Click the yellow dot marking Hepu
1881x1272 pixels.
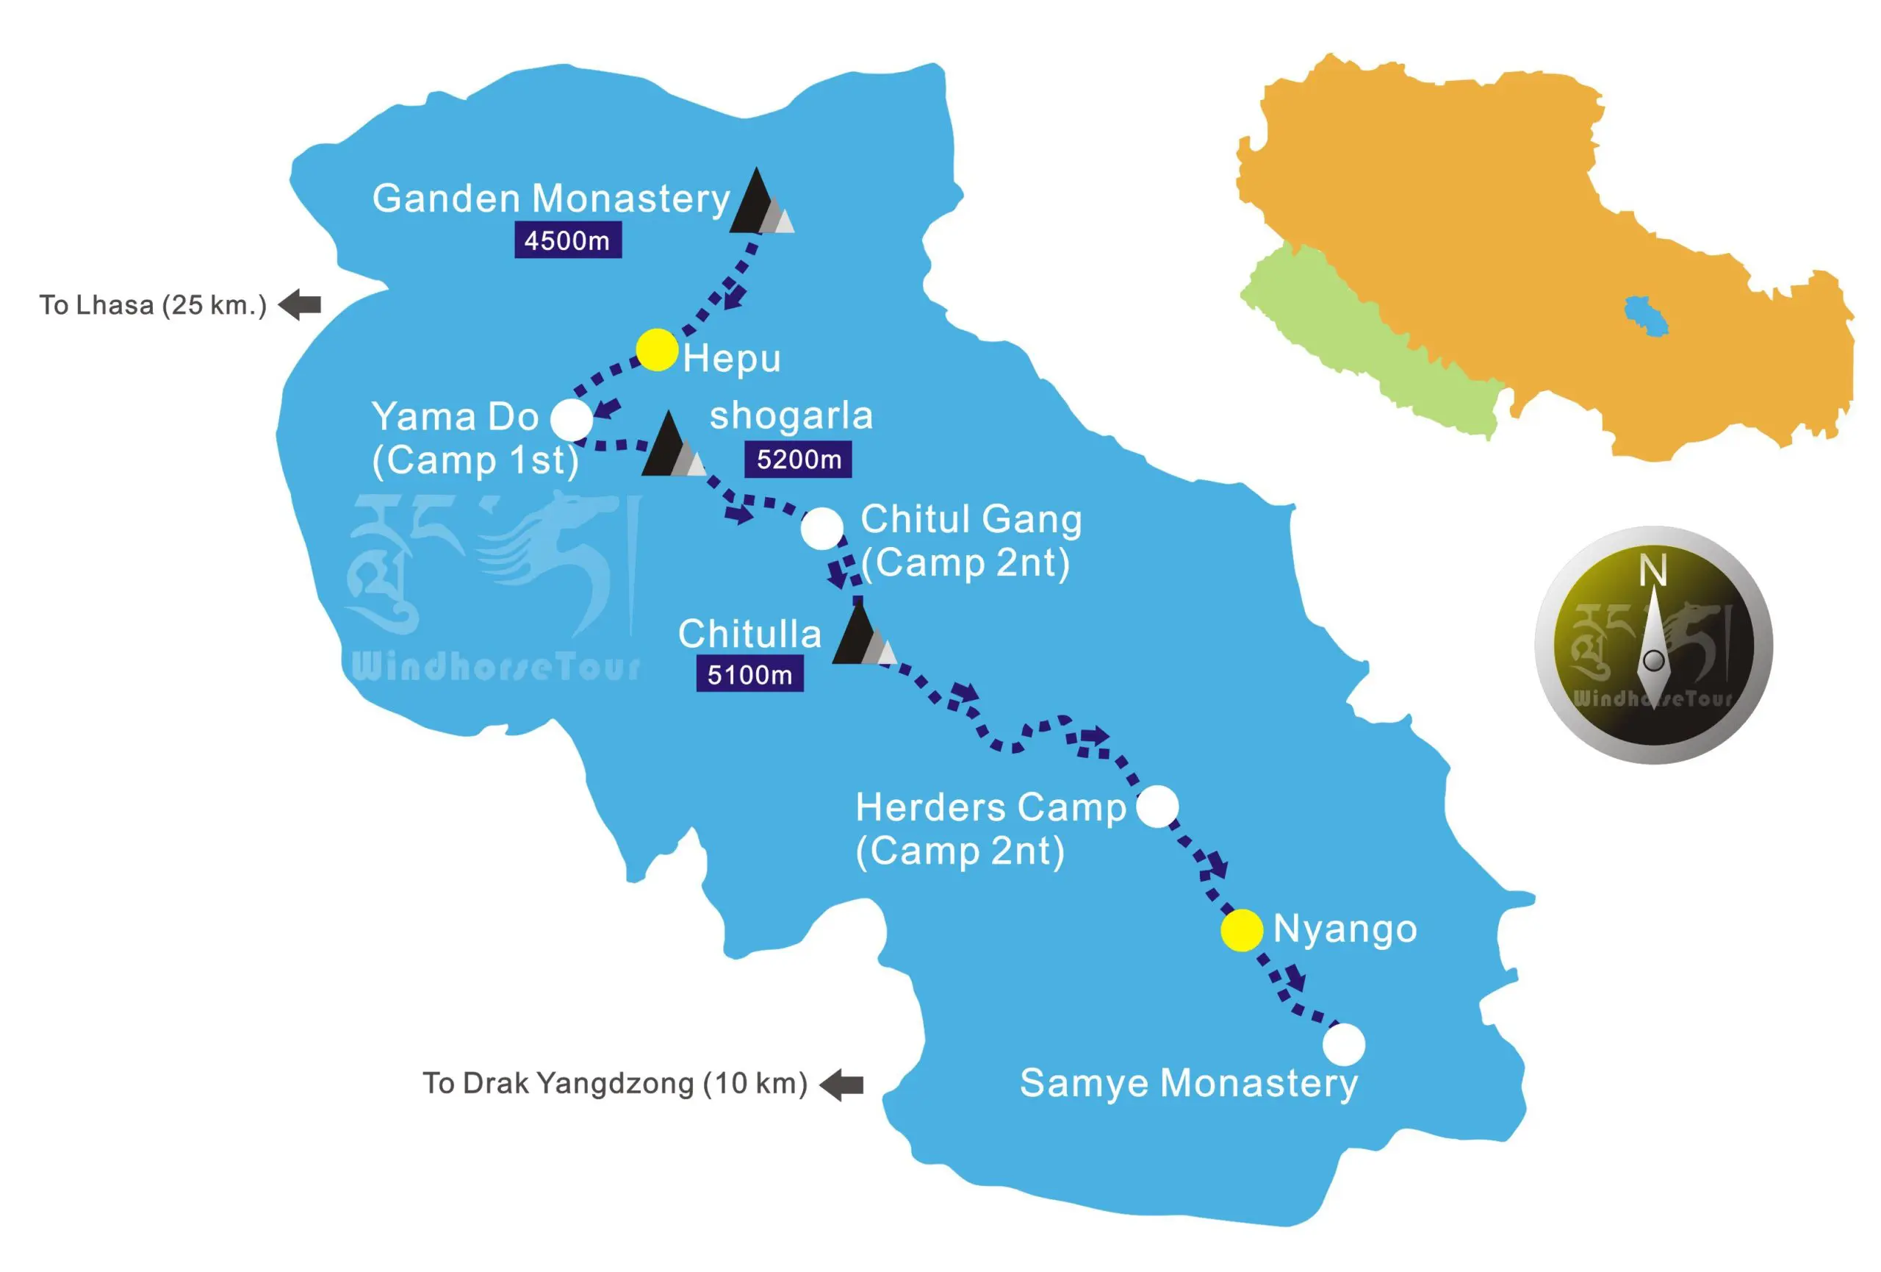click(x=656, y=350)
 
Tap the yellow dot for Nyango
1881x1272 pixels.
click(x=1242, y=929)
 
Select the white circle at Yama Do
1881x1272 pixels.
click(x=572, y=419)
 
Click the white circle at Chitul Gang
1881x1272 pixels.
click(x=821, y=528)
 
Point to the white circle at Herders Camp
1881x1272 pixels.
click(x=1157, y=807)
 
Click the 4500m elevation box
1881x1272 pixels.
click(x=567, y=240)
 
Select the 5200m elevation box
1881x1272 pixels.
click(x=798, y=459)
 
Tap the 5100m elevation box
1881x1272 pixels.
click(x=749, y=674)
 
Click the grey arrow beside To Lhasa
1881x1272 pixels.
click(x=301, y=304)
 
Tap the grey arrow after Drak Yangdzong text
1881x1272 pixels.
click(x=842, y=1085)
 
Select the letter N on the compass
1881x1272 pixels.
click(x=1652, y=570)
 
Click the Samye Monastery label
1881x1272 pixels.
click(x=1188, y=1083)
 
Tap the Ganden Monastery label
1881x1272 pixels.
click(x=551, y=199)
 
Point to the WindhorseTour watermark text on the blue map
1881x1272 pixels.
click(x=496, y=667)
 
